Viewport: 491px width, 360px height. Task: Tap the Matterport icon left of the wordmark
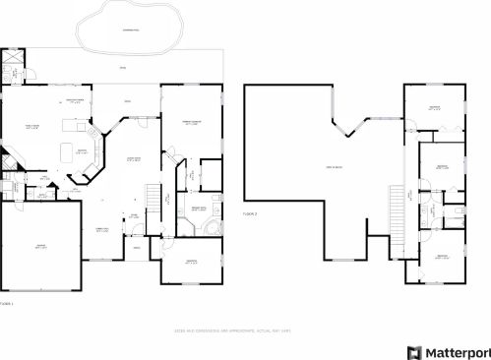pyautogui.click(x=413, y=350)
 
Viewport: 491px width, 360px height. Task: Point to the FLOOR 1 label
pyautogui.click(x=7, y=304)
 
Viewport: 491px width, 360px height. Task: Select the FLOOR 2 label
pyautogui.click(x=250, y=212)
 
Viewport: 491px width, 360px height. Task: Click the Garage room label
pyautogui.click(x=40, y=247)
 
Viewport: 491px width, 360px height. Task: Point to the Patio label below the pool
pyautogui.click(x=122, y=68)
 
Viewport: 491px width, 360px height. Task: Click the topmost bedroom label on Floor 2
pyautogui.click(x=434, y=108)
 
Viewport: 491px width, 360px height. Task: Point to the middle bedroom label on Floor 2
pyautogui.click(x=442, y=167)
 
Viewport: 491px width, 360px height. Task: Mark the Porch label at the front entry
pyautogui.click(x=135, y=248)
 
